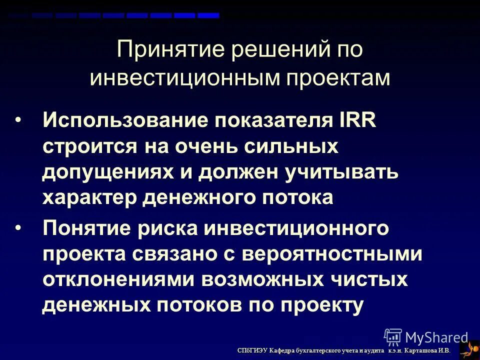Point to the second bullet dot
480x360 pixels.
click(18, 228)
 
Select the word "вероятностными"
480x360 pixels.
click(333, 254)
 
